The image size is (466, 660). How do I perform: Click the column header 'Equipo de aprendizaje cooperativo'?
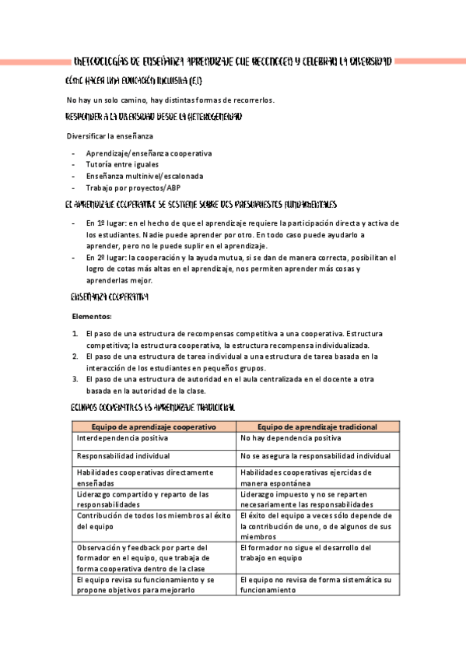point(153,427)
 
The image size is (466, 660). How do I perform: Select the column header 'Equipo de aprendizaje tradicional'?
point(317,427)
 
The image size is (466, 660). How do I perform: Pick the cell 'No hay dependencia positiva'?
point(290,439)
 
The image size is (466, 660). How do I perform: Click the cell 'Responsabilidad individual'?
point(124,455)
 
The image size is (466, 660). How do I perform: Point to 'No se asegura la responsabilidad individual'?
point(315,455)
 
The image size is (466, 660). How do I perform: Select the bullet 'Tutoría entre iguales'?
point(122,164)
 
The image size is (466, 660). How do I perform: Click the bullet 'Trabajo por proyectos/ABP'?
point(134,188)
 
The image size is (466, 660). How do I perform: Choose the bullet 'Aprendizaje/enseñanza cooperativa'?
point(149,153)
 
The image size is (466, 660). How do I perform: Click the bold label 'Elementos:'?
point(91,317)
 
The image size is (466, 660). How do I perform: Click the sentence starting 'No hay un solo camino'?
point(170,100)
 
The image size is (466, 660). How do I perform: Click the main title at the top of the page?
point(232,61)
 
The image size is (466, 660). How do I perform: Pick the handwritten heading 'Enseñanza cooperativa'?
point(110,297)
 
